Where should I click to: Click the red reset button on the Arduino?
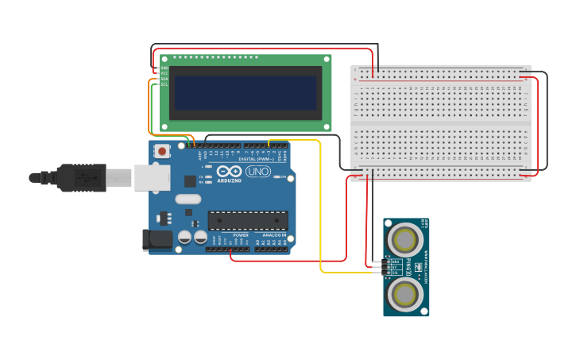click(x=163, y=151)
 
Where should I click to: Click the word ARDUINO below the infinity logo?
click(x=229, y=181)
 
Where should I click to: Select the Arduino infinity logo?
click(x=229, y=171)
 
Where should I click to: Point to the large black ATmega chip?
click(x=248, y=220)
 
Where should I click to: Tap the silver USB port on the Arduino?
click(x=152, y=178)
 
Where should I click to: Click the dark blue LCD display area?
click(x=245, y=93)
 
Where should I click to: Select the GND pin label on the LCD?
click(x=164, y=68)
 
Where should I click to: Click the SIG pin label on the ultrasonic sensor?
click(x=395, y=273)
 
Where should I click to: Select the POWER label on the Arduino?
click(x=241, y=235)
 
